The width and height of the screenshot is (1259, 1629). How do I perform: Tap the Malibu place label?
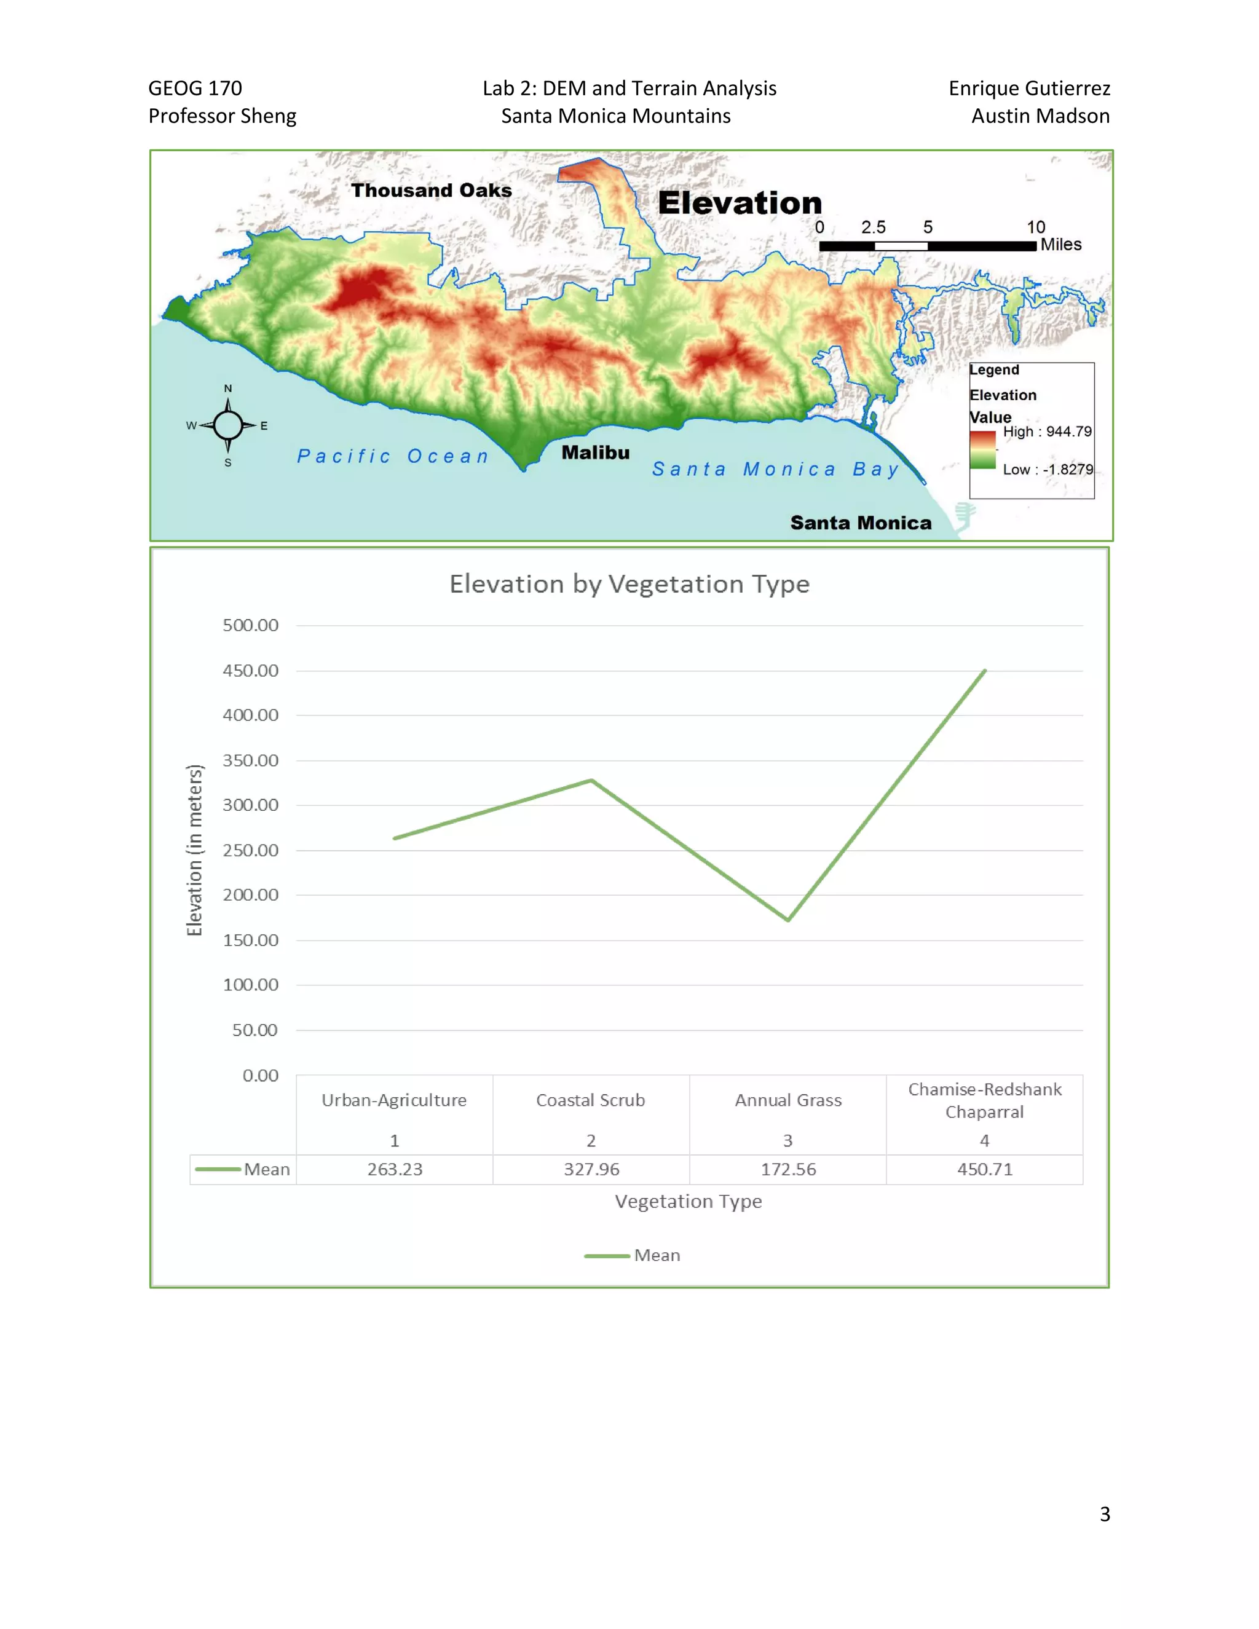[595, 453]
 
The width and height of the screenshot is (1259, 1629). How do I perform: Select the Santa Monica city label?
[861, 523]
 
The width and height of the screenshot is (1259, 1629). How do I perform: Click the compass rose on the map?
[227, 425]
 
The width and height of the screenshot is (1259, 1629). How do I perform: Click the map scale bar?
[927, 245]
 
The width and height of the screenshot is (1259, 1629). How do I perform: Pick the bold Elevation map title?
[739, 203]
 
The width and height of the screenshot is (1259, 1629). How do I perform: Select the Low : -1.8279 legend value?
[1047, 469]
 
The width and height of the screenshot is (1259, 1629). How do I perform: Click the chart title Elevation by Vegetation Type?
[629, 583]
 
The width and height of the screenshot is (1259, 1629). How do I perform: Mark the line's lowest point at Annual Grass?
[787, 920]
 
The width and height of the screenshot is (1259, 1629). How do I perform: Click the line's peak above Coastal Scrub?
[591, 780]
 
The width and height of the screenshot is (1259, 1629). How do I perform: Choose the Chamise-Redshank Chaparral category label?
[985, 1100]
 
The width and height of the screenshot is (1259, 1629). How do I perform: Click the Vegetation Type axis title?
[688, 1201]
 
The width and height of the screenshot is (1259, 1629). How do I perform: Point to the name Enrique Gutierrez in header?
[1028, 88]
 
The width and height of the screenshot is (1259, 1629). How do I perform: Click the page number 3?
[1105, 1513]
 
